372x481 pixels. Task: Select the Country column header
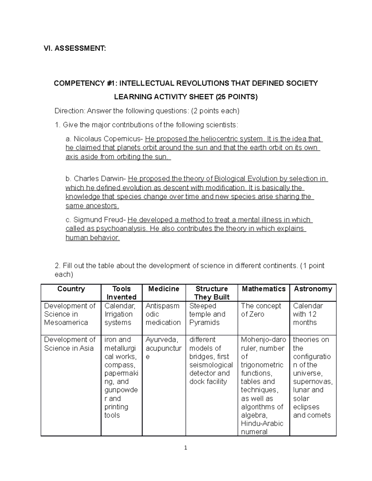tap(71, 289)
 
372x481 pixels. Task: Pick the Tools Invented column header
tap(121, 293)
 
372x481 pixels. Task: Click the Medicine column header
tap(164, 289)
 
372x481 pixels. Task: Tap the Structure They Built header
tap(212, 293)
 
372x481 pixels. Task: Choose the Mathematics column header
tap(263, 289)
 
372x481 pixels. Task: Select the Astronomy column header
tap(313, 289)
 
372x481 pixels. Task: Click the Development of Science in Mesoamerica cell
tap(70, 314)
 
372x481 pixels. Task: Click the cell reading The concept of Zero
tap(261, 310)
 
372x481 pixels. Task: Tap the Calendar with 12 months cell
tap(308, 314)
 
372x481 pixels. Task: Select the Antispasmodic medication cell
tap(163, 314)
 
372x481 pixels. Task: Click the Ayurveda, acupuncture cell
tap(163, 348)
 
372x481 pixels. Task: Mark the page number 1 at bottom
tap(185, 448)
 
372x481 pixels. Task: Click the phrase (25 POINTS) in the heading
tap(237, 97)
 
